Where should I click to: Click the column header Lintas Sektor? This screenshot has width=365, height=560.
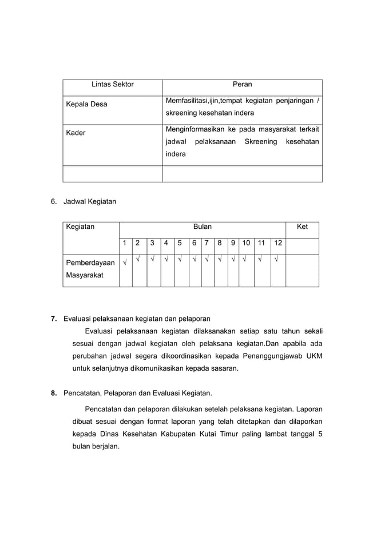point(113,84)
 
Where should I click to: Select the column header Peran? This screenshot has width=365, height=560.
point(242,84)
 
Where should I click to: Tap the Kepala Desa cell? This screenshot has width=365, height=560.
point(85,104)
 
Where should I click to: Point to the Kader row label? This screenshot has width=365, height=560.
point(76,133)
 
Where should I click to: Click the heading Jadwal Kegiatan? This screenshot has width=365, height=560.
point(89,201)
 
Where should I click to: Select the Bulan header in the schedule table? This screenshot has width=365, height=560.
point(202,227)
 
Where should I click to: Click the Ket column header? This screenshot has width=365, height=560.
point(302,227)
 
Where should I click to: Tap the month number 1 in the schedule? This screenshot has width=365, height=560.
point(125,243)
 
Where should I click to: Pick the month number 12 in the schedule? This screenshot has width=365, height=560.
point(278,243)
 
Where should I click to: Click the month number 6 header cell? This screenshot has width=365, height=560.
point(194,243)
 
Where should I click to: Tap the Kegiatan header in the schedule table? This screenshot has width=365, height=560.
point(81,227)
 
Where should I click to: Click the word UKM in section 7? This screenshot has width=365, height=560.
point(314,356)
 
